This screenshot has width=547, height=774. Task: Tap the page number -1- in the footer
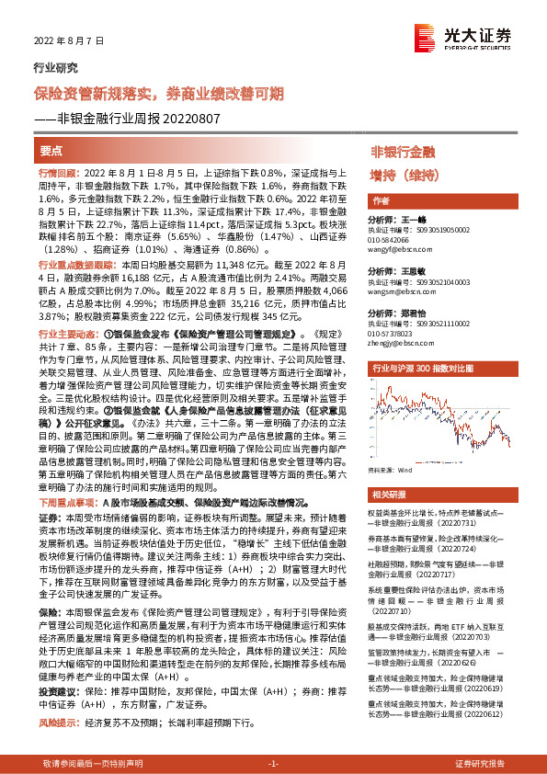pyautogui.click(x=273, y=763)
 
